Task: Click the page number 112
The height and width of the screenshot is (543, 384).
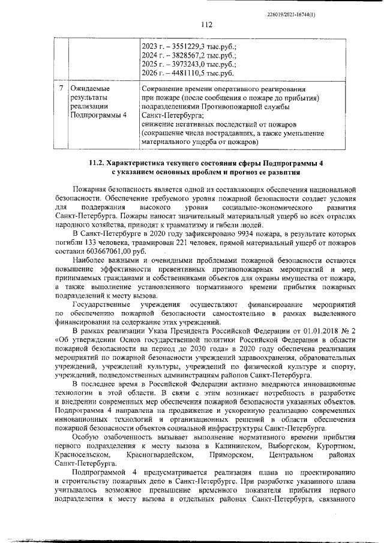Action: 207,25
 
